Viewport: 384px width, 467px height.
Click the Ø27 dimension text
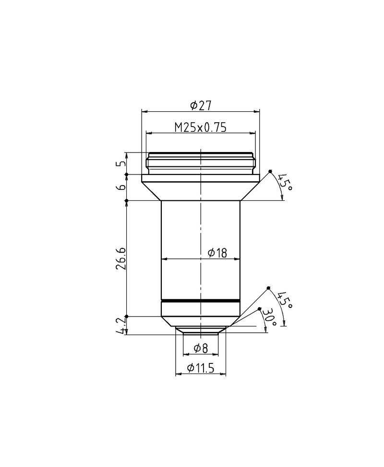tap(201, 105)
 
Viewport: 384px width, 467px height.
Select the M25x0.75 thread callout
tap(200, 127)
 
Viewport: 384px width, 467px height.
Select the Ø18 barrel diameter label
tap(217, 253)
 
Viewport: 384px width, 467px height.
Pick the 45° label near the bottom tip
tap(285, 300)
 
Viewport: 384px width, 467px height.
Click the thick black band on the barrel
tap(200, 301)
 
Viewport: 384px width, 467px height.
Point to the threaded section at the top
tap(200, 163)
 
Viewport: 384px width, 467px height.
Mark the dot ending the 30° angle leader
tap(260, 309)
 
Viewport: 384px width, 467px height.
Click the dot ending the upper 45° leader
tap(270, 171)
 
